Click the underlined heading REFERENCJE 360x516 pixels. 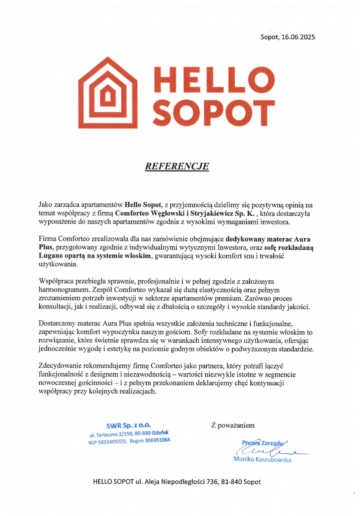176,166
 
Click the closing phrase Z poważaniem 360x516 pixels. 233,425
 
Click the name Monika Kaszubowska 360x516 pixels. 262,460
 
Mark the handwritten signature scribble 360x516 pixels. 271,451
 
